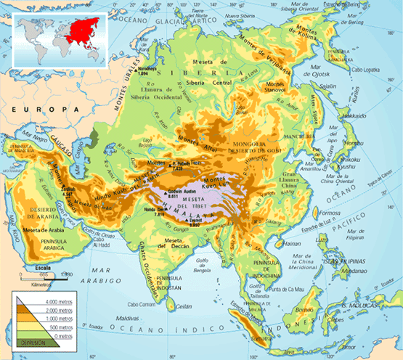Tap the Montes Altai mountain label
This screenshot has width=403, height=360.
194,139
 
